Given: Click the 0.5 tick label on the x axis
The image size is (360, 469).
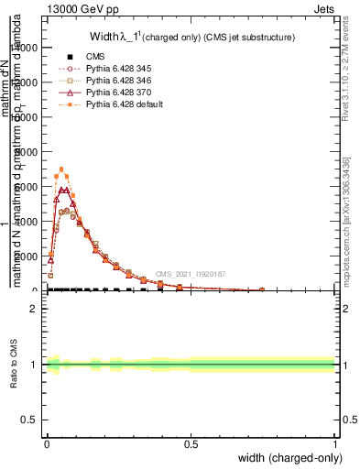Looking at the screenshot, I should (191, 443).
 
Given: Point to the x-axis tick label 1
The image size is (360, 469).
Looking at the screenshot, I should (335, 443).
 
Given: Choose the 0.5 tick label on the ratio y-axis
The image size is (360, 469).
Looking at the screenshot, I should (28, 421).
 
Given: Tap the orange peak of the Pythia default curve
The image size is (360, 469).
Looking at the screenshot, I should (61, 169).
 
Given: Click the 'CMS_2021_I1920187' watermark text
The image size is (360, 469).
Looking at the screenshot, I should (190, 274).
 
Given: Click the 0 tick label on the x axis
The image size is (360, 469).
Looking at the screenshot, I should (47, 443).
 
